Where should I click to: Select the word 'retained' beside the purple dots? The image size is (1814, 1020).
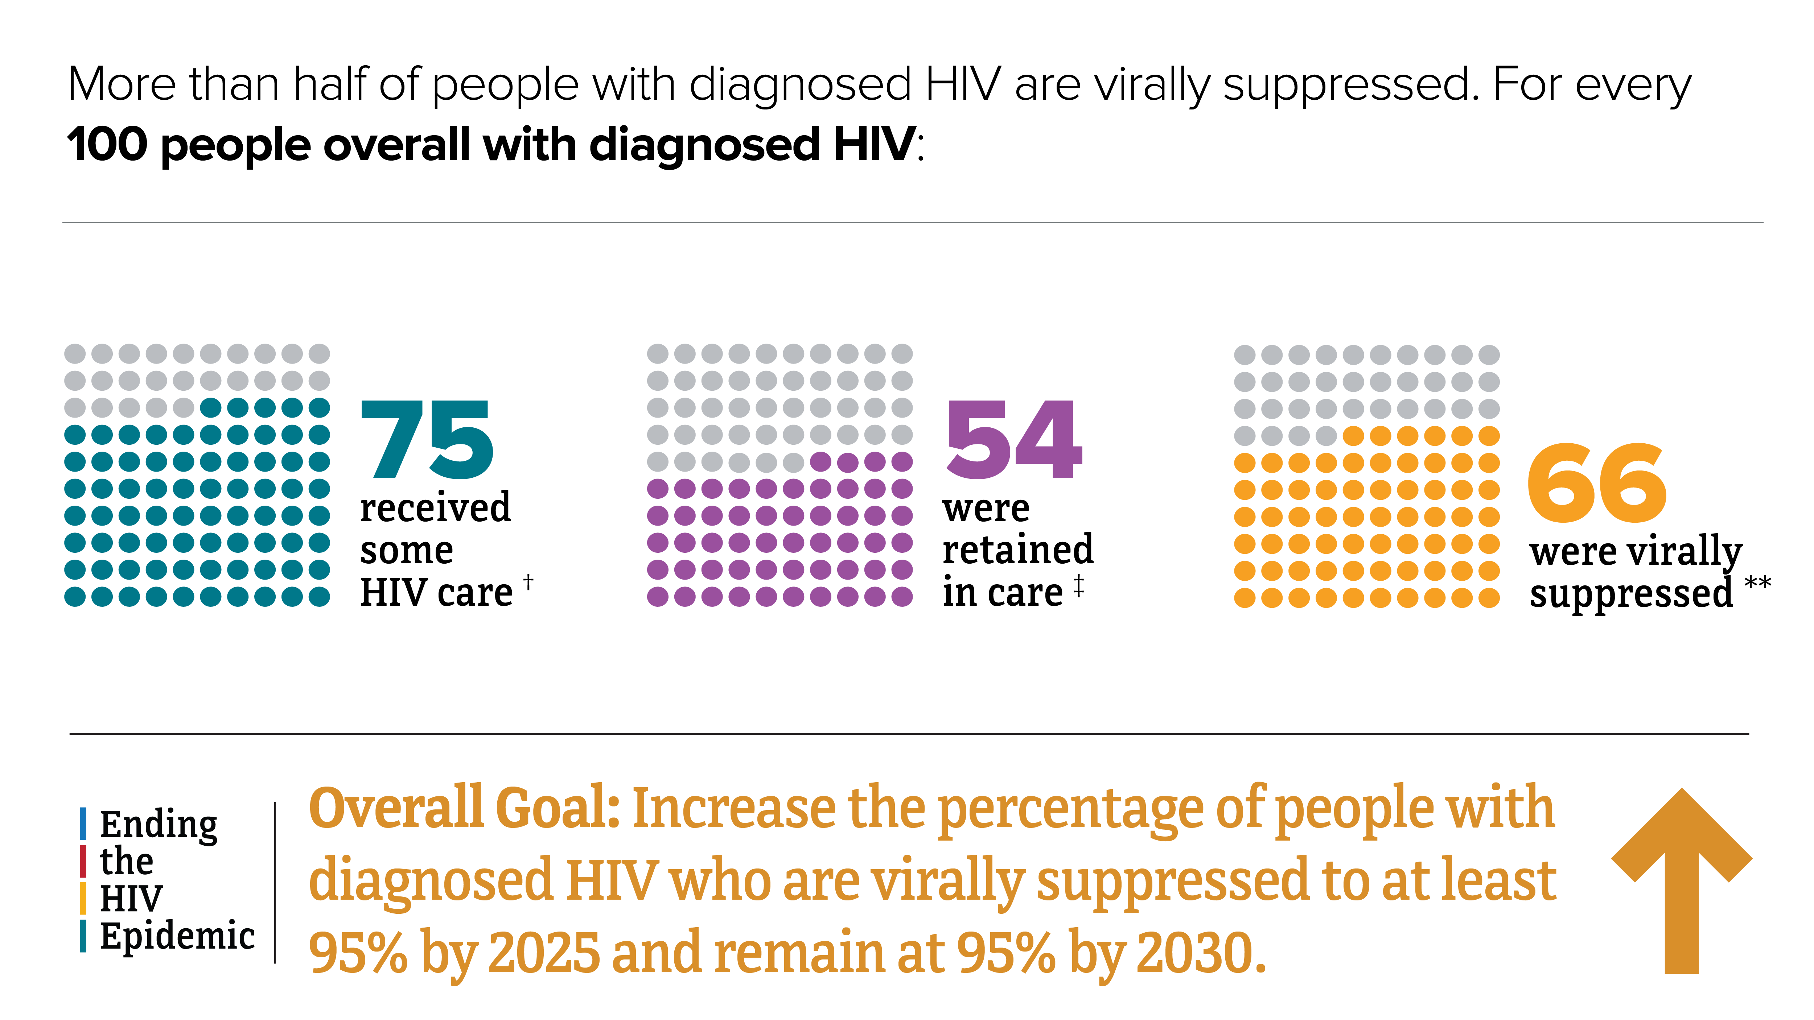[x=1017, y=550]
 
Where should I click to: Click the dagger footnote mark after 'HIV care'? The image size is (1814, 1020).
[x=528, y=582]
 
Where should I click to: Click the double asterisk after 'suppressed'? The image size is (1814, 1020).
[x=1758, y=584]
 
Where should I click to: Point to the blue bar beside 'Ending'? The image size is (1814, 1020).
[x=83, y=824]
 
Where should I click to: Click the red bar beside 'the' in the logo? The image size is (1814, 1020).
[x=83, y=861]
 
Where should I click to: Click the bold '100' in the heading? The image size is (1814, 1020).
[x=107, y=145]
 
